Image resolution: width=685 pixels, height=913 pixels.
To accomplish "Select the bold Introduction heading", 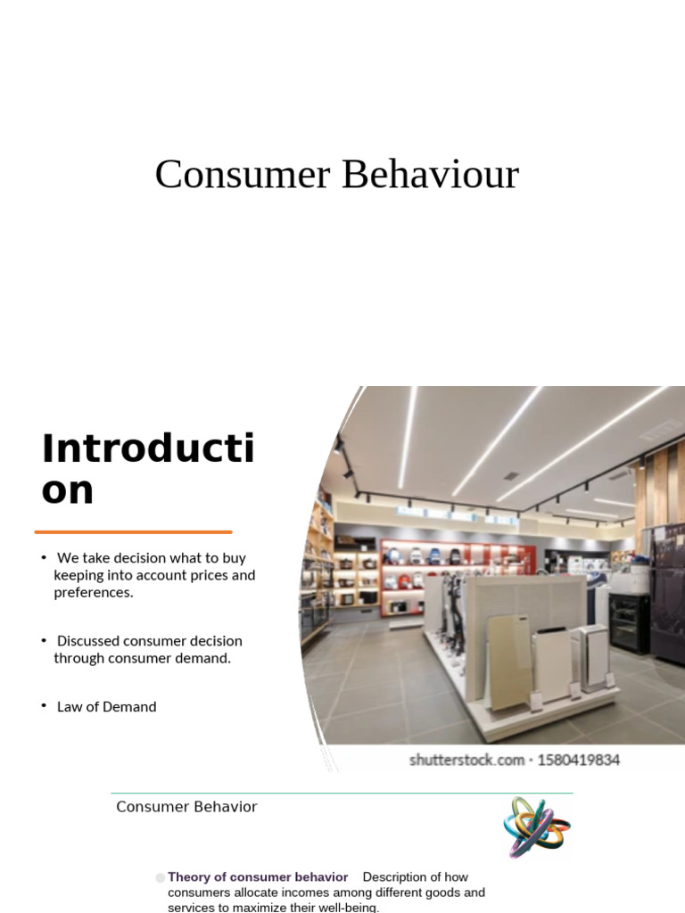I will click(147, 469).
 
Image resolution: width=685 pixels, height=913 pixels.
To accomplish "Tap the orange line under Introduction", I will click(133, 532).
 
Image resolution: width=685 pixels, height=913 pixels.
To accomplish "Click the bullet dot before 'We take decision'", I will click(43, 558).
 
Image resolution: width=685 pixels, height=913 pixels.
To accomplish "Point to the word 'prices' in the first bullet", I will click(205, 575).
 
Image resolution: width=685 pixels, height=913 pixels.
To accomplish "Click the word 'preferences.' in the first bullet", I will click(93, 592).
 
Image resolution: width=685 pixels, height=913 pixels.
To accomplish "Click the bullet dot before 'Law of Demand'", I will click(43, 706).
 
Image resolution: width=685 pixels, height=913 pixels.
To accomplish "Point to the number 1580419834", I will click(578, 761).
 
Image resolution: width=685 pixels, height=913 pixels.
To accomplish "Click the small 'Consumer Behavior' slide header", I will click(186, 807).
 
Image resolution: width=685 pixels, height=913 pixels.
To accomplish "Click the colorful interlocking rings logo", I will click(536, 827).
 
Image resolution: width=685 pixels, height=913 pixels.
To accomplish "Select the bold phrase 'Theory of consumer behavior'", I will click(258, 877).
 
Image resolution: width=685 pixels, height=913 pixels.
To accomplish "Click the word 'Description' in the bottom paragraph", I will click(401, 877).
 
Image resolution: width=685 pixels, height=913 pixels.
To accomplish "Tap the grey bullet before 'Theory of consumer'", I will click(161, 878).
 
